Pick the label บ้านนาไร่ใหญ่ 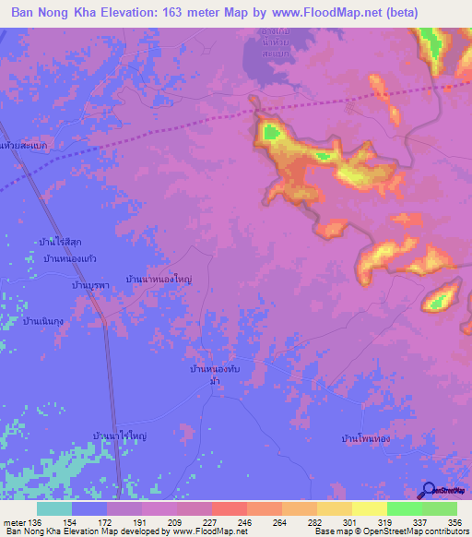(x=120, y=434)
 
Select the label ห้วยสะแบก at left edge (x=24, y=146)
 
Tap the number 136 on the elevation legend (x=35, y=521)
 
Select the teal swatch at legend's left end (x=53, y=508)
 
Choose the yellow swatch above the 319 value (x=369, y=508)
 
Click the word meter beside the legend (x=13, y=521)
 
